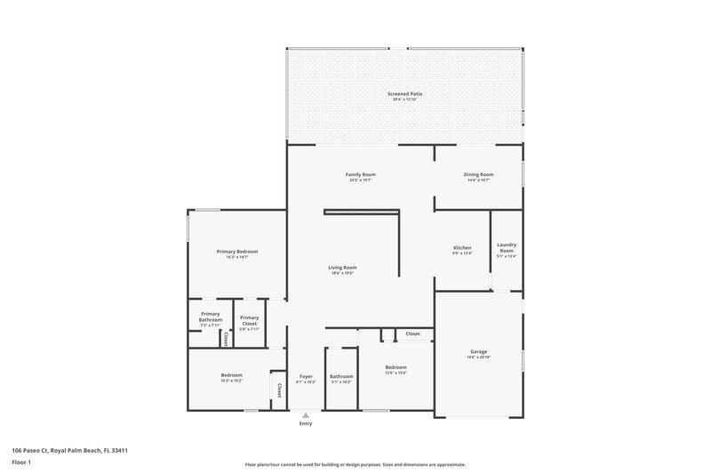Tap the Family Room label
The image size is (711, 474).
click(x=358, y=174)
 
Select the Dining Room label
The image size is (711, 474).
click(x=478, y=174)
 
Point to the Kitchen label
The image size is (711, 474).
click(x=462, y=247)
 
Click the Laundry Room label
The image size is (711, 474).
click(x=506, y=248)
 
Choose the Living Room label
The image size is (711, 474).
click(x=343, y=268)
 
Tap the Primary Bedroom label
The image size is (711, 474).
click(x=237, y=252)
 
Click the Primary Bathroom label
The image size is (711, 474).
click(x=211, y=317)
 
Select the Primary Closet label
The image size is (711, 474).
click(x=249, y=320)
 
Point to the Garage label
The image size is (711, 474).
click(x=478, y=352)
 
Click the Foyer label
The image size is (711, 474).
click(x=306, y=376)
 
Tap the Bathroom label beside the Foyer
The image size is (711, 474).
click(x=341, y=376)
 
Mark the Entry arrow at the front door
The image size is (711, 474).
click(x=306, y=414)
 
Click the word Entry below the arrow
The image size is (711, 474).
click(x=306, y=423)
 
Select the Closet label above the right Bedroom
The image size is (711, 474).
click(x=413, y=333)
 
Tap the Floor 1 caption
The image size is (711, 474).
click(x=21, y=462)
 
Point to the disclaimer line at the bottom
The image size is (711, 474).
click(x=355, y=464)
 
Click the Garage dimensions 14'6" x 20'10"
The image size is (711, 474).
click(x=478, y=358)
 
